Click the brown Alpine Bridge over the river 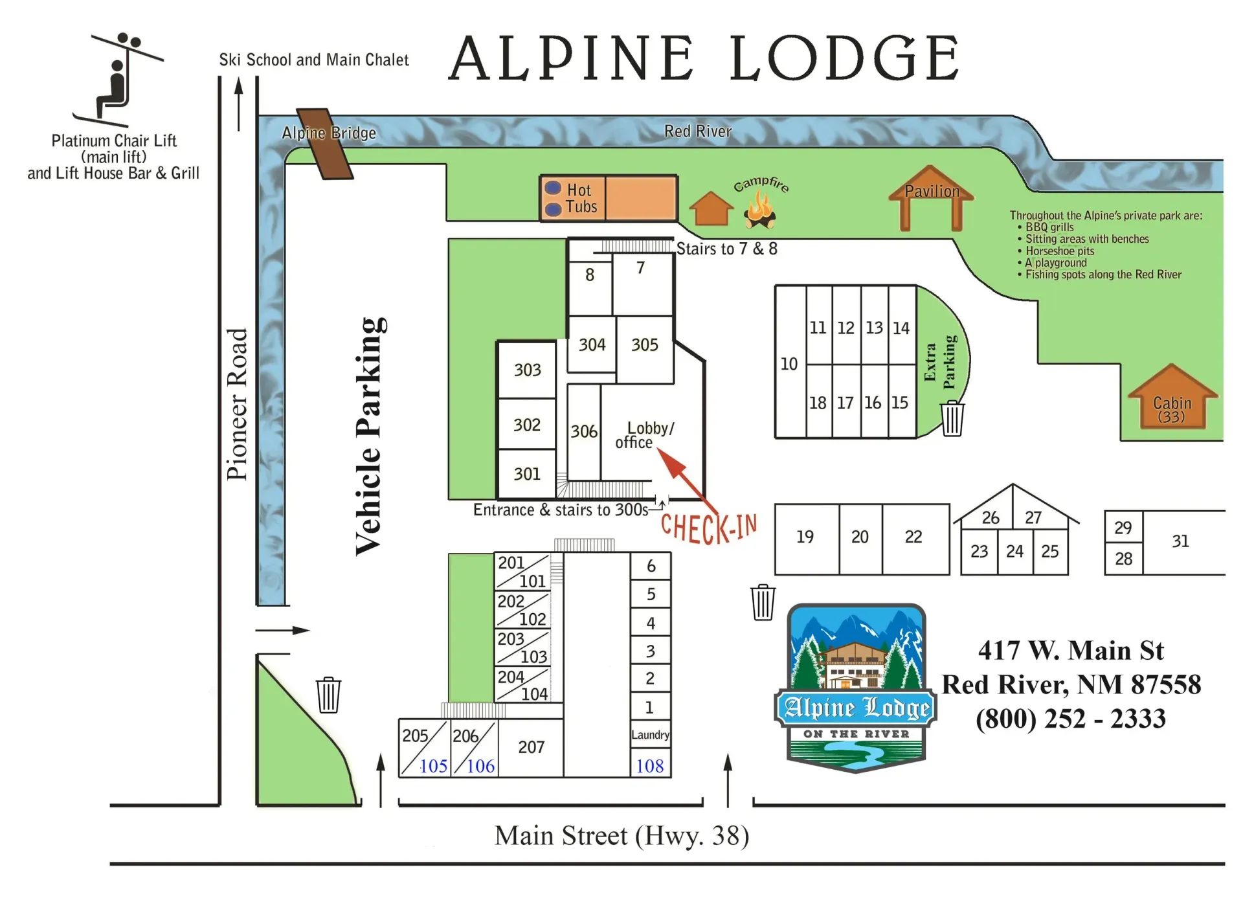pos(324,144)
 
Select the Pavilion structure pos(931,197)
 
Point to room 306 pos(583,431)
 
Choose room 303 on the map pos(527,370)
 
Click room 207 pos(531,747)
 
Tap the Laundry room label pos(650,735)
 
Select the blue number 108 pos(650,766)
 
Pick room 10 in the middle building pos(789,363)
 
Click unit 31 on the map pos(1180,541)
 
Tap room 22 pos(913,537)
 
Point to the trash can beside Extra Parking pos(952,418)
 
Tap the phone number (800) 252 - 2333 pos(1071,719)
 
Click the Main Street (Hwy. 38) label pos(621,836)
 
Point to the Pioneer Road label pos(237,404)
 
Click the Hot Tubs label pos(581,198)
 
